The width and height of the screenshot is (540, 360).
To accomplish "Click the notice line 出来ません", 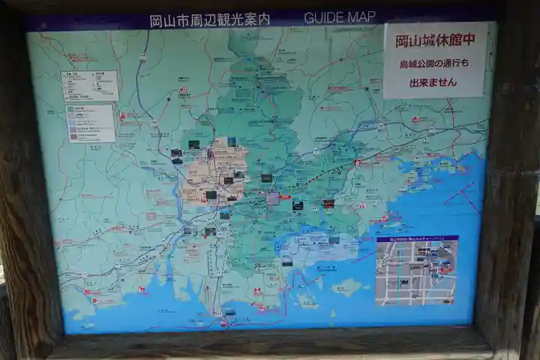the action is click(433, 82).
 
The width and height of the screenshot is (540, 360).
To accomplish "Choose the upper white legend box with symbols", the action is click(90, 86).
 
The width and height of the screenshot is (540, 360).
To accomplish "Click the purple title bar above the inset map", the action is click(416, 238).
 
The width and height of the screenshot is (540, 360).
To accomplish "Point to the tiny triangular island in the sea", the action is click(332, 313).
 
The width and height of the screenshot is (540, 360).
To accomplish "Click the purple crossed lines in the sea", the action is click(459, 196).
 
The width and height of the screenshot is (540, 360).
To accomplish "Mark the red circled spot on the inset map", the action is click(444, 265).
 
